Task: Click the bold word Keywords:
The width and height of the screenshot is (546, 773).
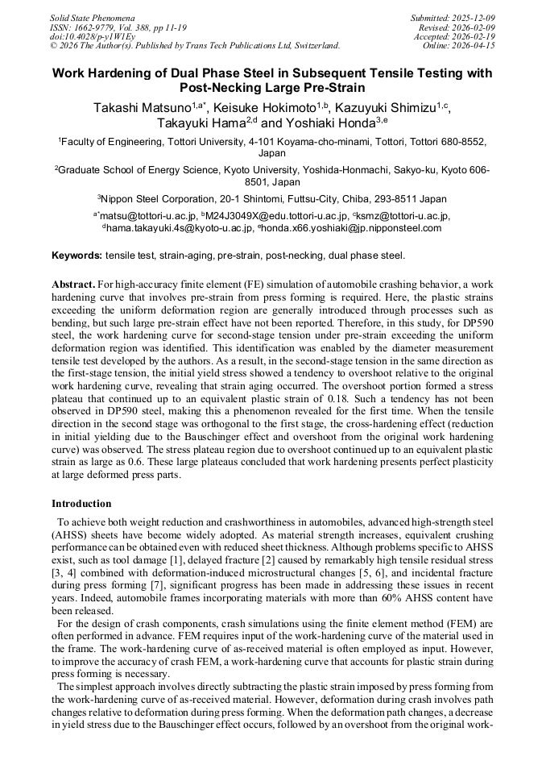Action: [x=77, y=256]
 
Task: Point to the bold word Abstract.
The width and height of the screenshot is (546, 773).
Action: [x=73, y=285]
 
